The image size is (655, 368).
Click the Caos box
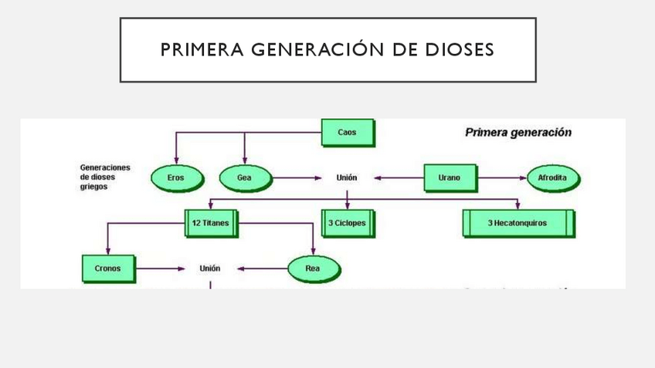pos(348,133)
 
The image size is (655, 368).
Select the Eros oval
pos(175,178)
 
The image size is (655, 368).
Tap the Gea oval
pos(245,178)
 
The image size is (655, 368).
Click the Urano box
pos(450,177)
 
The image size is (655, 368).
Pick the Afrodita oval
pos(553,178)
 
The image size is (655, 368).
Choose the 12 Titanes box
pos(212,224)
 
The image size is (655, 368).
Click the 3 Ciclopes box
pos(347,224)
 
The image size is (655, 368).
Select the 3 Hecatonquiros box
pos(518,224)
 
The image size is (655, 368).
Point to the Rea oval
pos(313,269)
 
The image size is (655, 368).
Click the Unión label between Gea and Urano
pos(347,178)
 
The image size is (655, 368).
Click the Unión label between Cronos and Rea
pos(210,269)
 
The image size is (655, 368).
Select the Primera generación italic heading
pos(518,132)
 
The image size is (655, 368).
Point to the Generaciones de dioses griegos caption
pos(105,177)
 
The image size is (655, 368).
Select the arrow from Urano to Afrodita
pos(502,178)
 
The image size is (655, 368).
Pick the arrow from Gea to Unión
pos(297,178)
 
